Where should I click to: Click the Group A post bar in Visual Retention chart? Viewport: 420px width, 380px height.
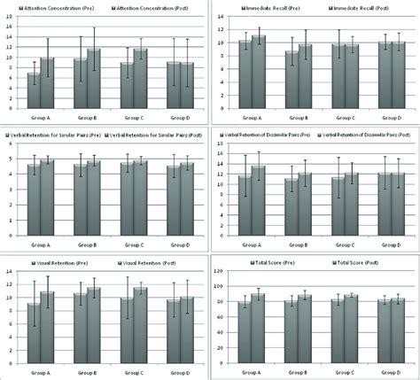point(48,327)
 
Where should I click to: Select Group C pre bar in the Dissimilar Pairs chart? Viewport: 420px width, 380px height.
point(339,207)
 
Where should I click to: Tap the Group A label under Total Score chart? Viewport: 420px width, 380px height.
point(253,371)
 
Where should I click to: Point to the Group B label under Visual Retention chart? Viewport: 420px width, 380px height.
point(87,371)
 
